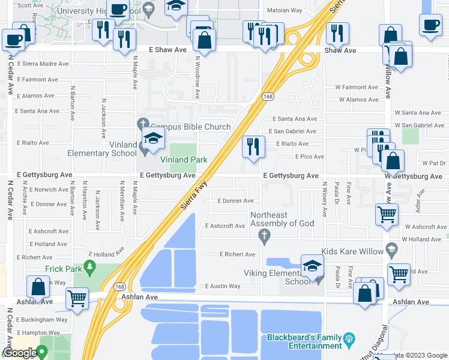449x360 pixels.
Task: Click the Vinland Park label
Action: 184,160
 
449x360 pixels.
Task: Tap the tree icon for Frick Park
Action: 91,265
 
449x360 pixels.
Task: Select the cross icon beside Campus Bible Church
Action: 142,124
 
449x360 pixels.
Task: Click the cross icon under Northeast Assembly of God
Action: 264,236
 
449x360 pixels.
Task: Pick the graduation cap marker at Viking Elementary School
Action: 312,265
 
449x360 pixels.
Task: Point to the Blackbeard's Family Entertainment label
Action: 304,341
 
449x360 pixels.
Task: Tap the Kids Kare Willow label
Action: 352,251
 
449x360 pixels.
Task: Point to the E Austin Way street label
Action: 223,286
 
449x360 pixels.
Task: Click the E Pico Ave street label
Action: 309,157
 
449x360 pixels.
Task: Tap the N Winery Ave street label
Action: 324,199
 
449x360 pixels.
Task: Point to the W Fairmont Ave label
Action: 357,87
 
